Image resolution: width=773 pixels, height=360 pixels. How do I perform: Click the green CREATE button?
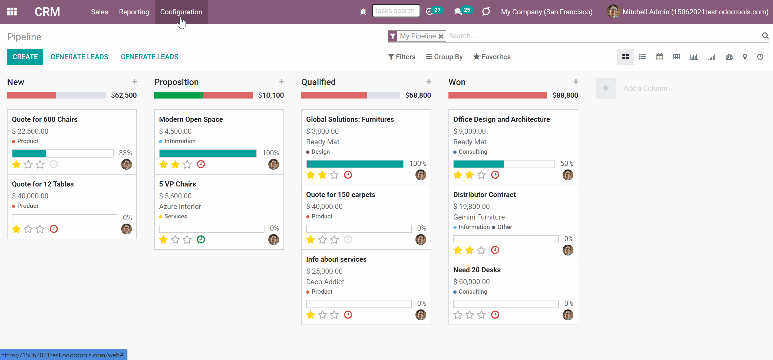click(x=25, y=57)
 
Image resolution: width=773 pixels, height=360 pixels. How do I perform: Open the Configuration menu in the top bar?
click(x=181, y=12)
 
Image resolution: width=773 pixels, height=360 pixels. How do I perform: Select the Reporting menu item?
click(x=134, y=12)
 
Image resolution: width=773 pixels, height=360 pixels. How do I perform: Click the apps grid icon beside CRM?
click(x=12, y=12)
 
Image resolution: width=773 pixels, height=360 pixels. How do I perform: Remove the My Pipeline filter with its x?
click(x=441, y=36)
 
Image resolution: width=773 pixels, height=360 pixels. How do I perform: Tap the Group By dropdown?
click(x=444, y=57)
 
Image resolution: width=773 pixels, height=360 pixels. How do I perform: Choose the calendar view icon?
click(x=660, y=57)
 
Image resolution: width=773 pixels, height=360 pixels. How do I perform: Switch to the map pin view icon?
click(x=745, y=57)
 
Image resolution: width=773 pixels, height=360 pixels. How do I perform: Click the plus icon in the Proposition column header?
click(x=282, y=82)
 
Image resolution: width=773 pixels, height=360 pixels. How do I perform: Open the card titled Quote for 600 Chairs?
click(x=45, y=119)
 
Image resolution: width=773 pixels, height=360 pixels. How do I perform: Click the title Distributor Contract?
click(x=484, y=195)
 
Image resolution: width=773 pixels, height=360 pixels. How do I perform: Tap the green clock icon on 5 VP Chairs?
click(x=201, y=239)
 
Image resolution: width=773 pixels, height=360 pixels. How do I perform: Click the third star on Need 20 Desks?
click(x=481, y=315)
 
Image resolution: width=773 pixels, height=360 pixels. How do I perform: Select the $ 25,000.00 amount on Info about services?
click(x=324, y=271)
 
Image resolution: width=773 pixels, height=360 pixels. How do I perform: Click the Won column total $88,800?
click(x=565, y=95)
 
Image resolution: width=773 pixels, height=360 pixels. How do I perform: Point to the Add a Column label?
click(x=645, y=88)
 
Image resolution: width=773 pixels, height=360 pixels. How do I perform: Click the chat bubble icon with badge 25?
click(x=458, y=12)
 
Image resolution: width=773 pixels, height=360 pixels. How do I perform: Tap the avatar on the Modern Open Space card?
click(x=274, y=164)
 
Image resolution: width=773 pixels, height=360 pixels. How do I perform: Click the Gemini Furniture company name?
click(x=479, y=217)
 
